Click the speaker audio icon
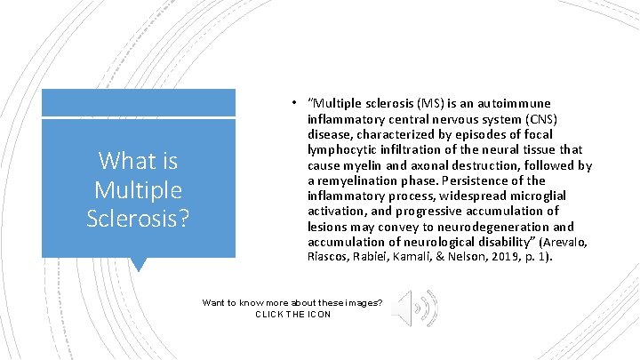(x=414, y=308)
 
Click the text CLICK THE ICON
(x=292, y=314)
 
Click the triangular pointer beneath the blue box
(x=138, y=264)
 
